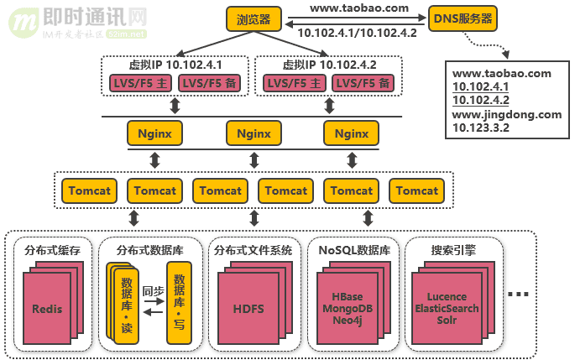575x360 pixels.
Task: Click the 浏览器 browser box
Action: pos(254,19)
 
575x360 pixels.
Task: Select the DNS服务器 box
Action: pos(462,18)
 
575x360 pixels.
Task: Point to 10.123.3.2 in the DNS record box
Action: pos(481,128)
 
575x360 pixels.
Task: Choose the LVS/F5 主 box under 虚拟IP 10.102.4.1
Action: pos(140,82)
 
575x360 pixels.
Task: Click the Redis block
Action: pos(47,309)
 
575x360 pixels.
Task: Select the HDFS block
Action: pos(248,309)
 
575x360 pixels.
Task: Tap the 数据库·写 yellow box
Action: pos(179,302)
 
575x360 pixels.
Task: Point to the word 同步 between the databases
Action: pos(153,291)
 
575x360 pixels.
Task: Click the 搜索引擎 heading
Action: pos(453,249)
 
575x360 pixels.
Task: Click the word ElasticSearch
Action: pos(453,308)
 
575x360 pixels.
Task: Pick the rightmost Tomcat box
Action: pos(417,190)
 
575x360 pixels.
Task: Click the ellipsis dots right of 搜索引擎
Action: pos(519,295)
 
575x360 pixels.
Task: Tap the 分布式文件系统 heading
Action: pos(254,249)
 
